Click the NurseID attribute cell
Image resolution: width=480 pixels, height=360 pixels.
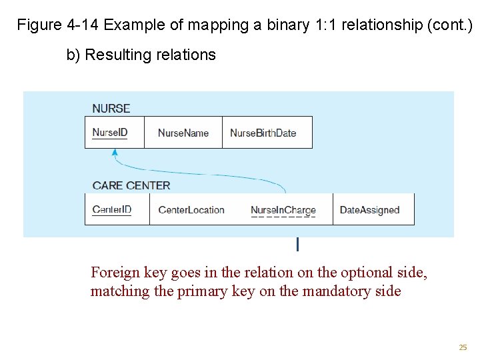(x=110, y=133)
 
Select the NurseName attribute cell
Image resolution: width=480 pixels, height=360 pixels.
(x=183, y=133)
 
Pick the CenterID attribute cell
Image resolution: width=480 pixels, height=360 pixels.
(x=112, y=209)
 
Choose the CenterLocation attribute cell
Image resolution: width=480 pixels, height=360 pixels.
(x=191, y=209)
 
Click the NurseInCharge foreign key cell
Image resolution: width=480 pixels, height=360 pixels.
(x=283, y=210)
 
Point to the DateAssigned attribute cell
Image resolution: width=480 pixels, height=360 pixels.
(x=369, y=209)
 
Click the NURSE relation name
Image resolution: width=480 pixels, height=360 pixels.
(x=111, y=109)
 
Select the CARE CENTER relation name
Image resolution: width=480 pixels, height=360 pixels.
(x=131, y=185)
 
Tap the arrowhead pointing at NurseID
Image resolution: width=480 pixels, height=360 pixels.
(x=115, y=153)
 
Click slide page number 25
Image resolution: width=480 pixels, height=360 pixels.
(x=463, y=347)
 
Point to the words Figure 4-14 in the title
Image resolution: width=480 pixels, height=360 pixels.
(x=58, y=25)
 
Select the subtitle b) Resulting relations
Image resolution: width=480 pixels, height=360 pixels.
(x=141, y=55)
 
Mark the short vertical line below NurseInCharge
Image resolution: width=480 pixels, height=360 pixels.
(x=297, y=245)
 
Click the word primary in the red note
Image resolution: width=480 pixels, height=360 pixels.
(x=203, y=291)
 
